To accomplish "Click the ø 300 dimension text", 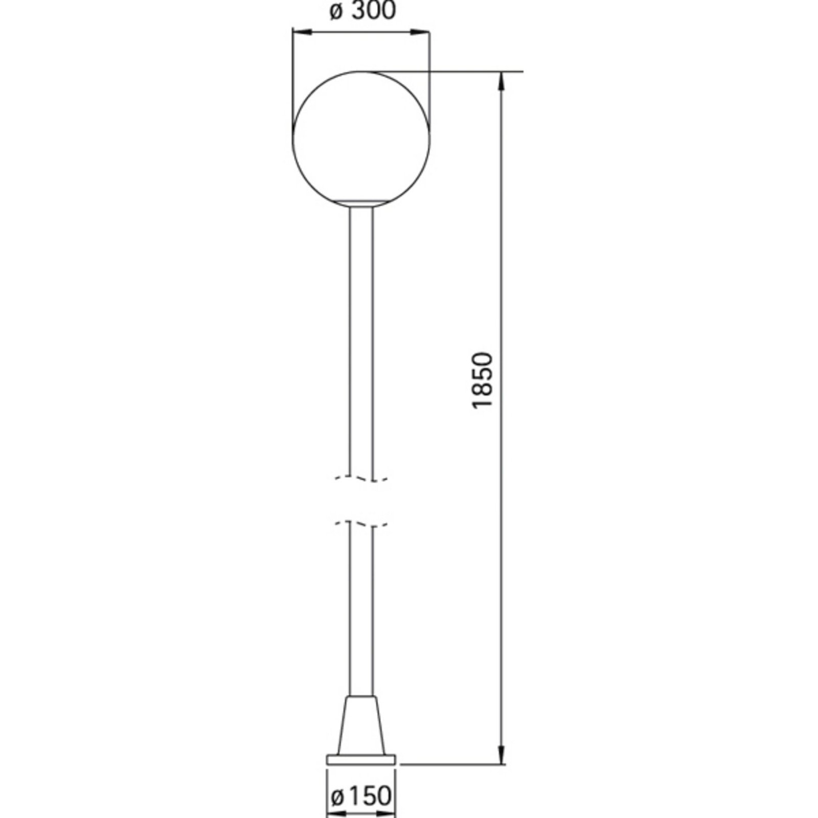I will pyautogui.click(x=362, y=12).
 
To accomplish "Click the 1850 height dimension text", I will pyautogui.click(x=483, y=379).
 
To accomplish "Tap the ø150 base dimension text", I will pyautogui.click(x=361, y=796).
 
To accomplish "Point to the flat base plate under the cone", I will pyautogui.click(x=361, y=773).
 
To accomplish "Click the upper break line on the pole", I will pyautogui.click(x=361, y=479).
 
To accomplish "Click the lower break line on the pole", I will pyautogui.click(x=361, y=524).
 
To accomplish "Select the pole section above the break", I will pyautogui.click(x=361, y=337).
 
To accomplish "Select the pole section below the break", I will pyautogui.click(x=361, y=608).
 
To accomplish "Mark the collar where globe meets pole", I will pyautogui.click(x=361, y=203).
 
